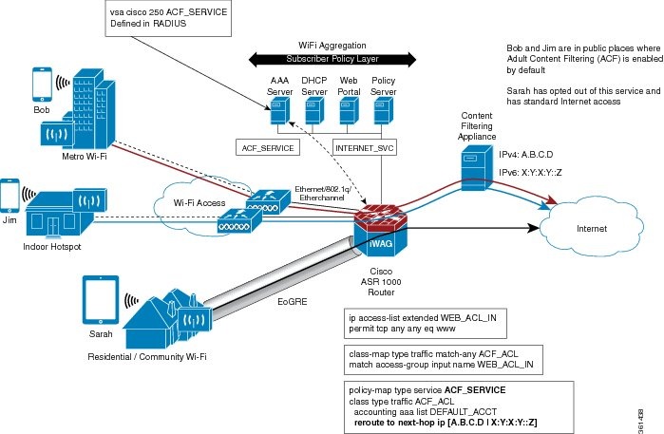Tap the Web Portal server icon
click(349, 113)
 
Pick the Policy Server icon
click(382, 113)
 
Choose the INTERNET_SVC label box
click(364, 147)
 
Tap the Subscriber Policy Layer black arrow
click(320, 58)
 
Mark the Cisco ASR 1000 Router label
click(381, 284)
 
